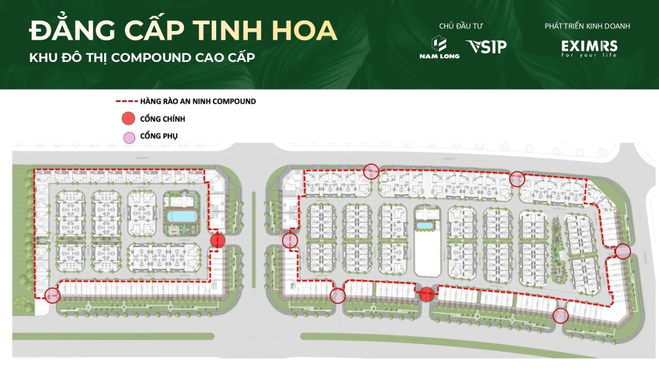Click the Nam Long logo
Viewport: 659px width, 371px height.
[x=440, y=47]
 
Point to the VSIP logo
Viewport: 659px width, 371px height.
[x=486, y=47]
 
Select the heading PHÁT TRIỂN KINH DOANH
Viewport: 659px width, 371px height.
[x=587, y=26]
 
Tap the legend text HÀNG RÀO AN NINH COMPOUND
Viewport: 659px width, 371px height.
[x=198, y=102]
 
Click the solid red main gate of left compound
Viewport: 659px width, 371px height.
[x=217, y=242]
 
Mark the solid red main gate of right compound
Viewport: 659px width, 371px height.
[x=426, y=294]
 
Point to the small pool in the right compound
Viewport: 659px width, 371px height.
[x=425, y=225]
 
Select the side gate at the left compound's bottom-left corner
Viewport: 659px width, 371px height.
[x=52, y=294]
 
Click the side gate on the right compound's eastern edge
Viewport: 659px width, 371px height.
[x=623, y=251]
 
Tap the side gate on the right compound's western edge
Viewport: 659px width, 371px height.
[x=289, y=241]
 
